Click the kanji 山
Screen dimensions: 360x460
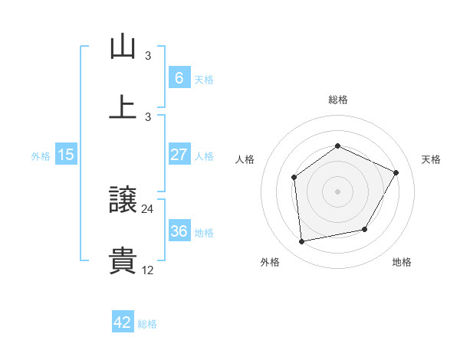click(123, 47)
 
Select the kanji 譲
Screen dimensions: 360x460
click(123, 201)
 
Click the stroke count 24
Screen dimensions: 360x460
click(148, 208)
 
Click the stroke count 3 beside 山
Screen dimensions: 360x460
click(148, 56)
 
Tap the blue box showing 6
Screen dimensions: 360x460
click(179, 78)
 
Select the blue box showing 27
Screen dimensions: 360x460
click(179, 155)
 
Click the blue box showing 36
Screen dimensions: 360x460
click(179, 231)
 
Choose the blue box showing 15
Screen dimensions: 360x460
click(66, 155)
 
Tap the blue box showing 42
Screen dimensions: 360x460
click(123, 322)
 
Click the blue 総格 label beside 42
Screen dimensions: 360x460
click(147, 324)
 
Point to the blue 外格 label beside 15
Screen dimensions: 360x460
click(41, 156)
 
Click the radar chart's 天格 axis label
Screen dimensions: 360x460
click(431, 159)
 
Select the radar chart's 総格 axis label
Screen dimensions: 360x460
click(337, 100)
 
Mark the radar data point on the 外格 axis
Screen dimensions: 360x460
click(302, 242)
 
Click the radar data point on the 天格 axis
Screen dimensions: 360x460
click(396, 172)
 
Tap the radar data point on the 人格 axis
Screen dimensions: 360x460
click(294, 178)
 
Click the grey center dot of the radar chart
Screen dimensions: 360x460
click(337, 191)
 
